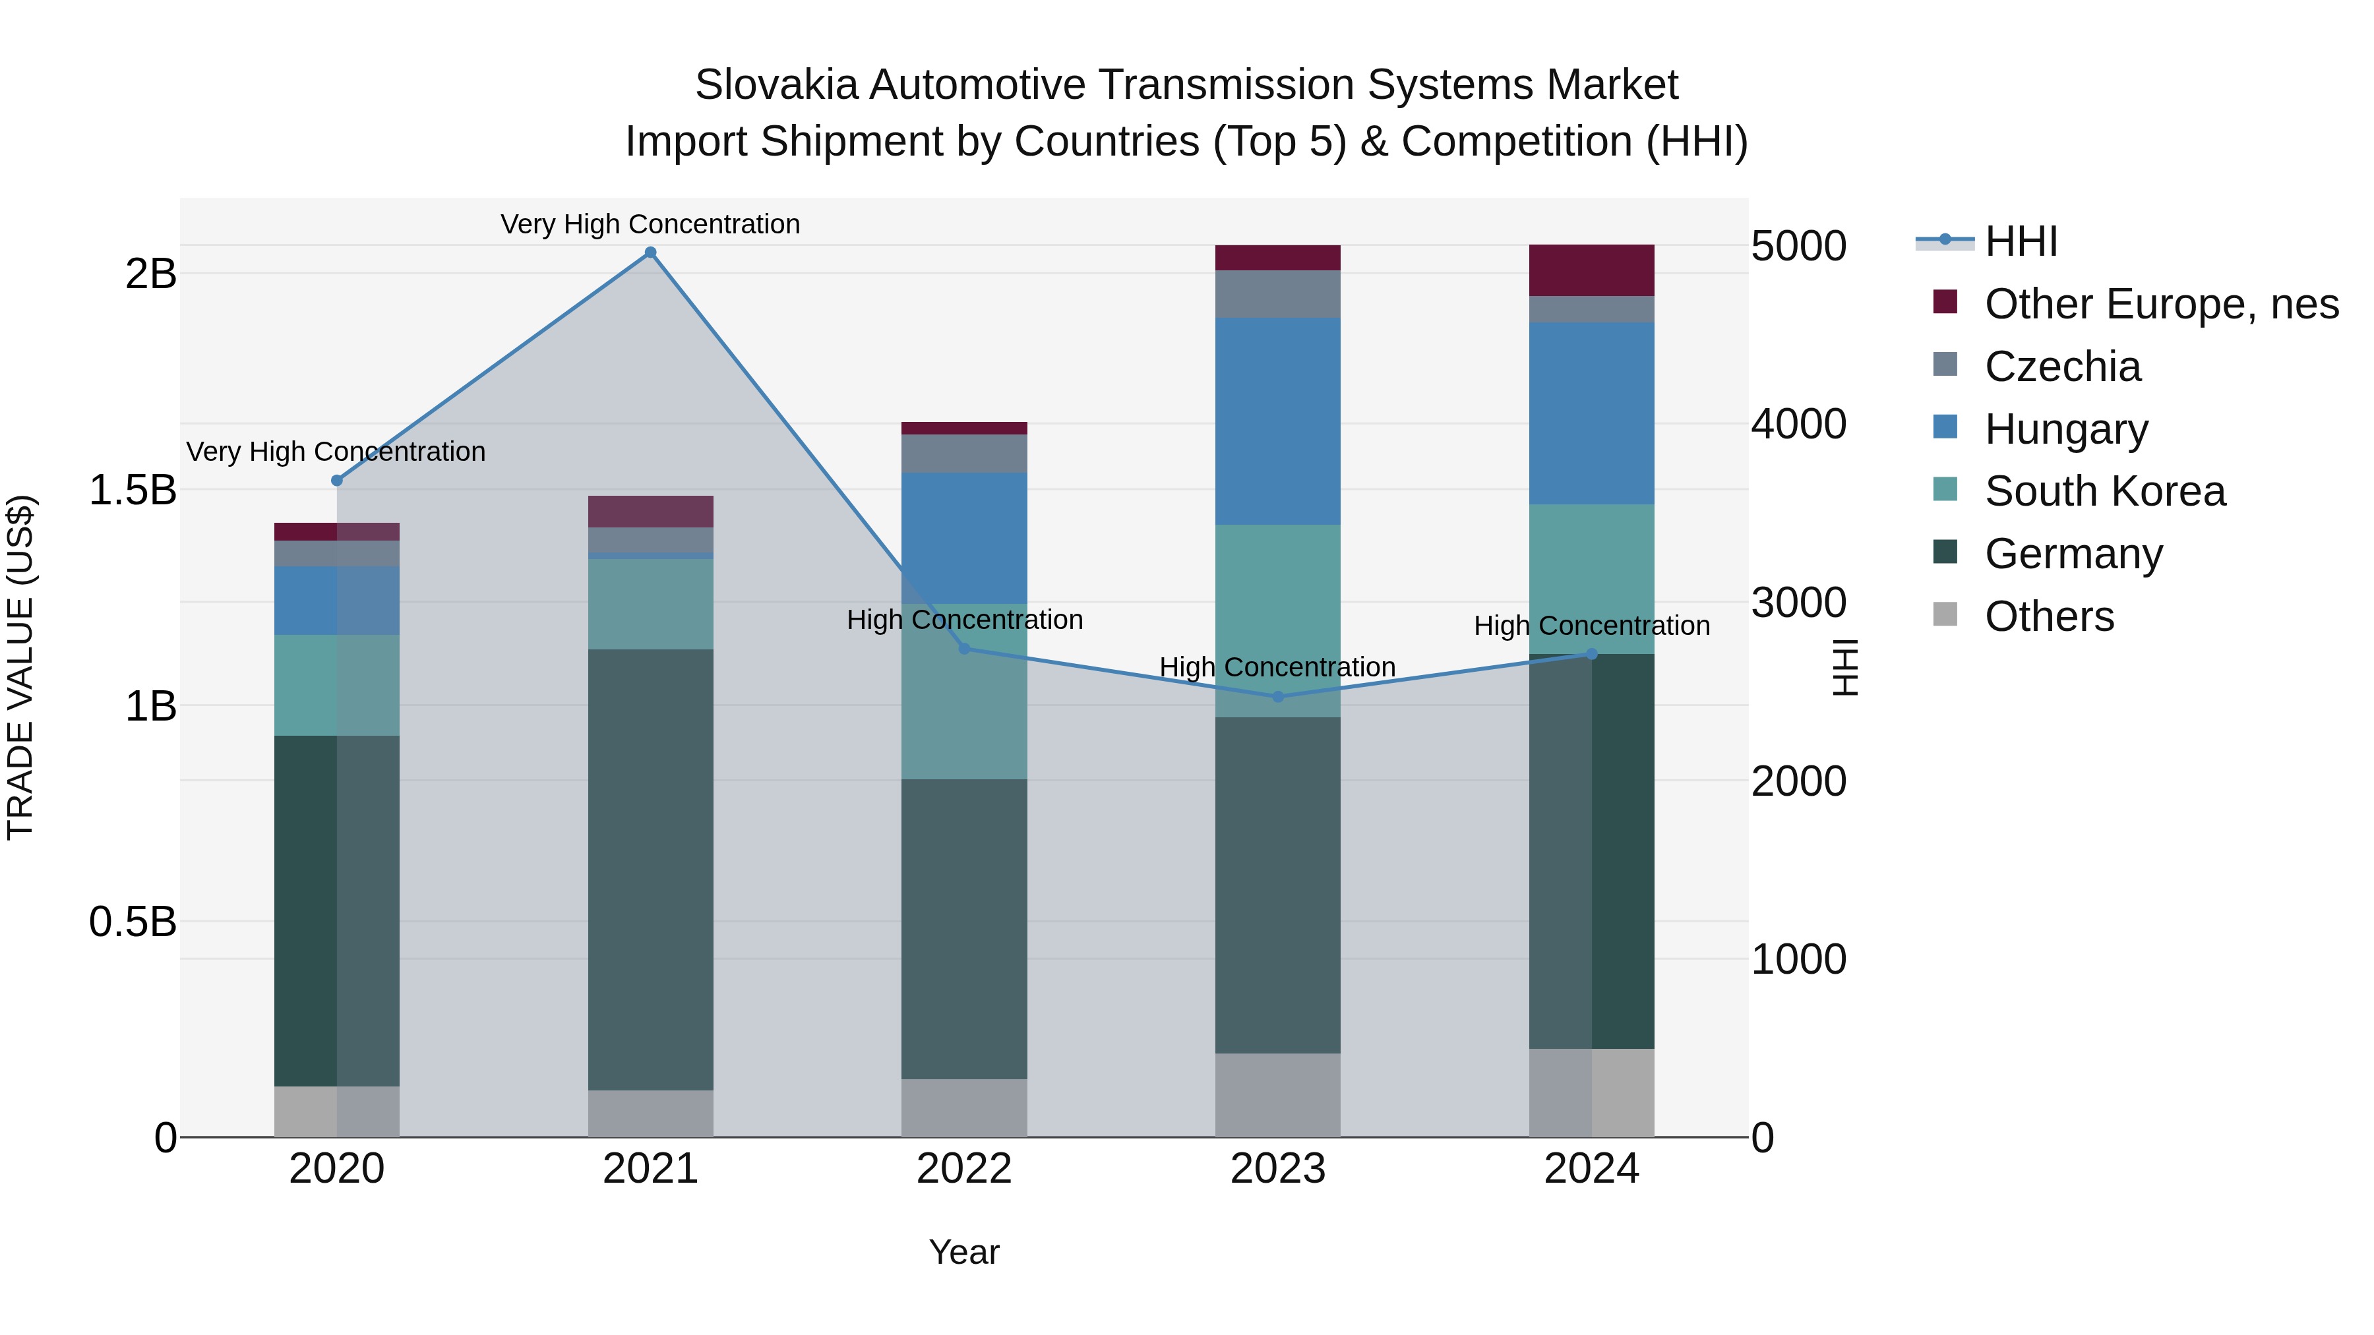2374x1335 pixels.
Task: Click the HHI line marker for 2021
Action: (651, 252)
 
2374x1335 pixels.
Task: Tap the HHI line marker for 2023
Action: (1277, 697)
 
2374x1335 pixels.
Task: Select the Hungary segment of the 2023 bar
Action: (1277, 421)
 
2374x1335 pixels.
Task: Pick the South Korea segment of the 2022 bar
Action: (964, 691)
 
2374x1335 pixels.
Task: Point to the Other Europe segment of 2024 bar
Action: (1592, 270)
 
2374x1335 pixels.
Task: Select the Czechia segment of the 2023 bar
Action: (1277, 294)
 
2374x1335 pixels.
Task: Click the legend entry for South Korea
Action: (2104, 491)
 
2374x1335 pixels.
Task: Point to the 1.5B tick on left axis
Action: (133, 490)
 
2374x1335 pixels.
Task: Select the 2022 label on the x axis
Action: (964, 1169)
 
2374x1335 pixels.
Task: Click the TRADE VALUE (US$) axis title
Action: (21, 667)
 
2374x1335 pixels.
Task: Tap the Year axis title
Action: (964, 1252)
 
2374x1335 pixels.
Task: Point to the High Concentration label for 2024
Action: (1592, 626)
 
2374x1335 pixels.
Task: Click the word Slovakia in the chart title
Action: (777, 85)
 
